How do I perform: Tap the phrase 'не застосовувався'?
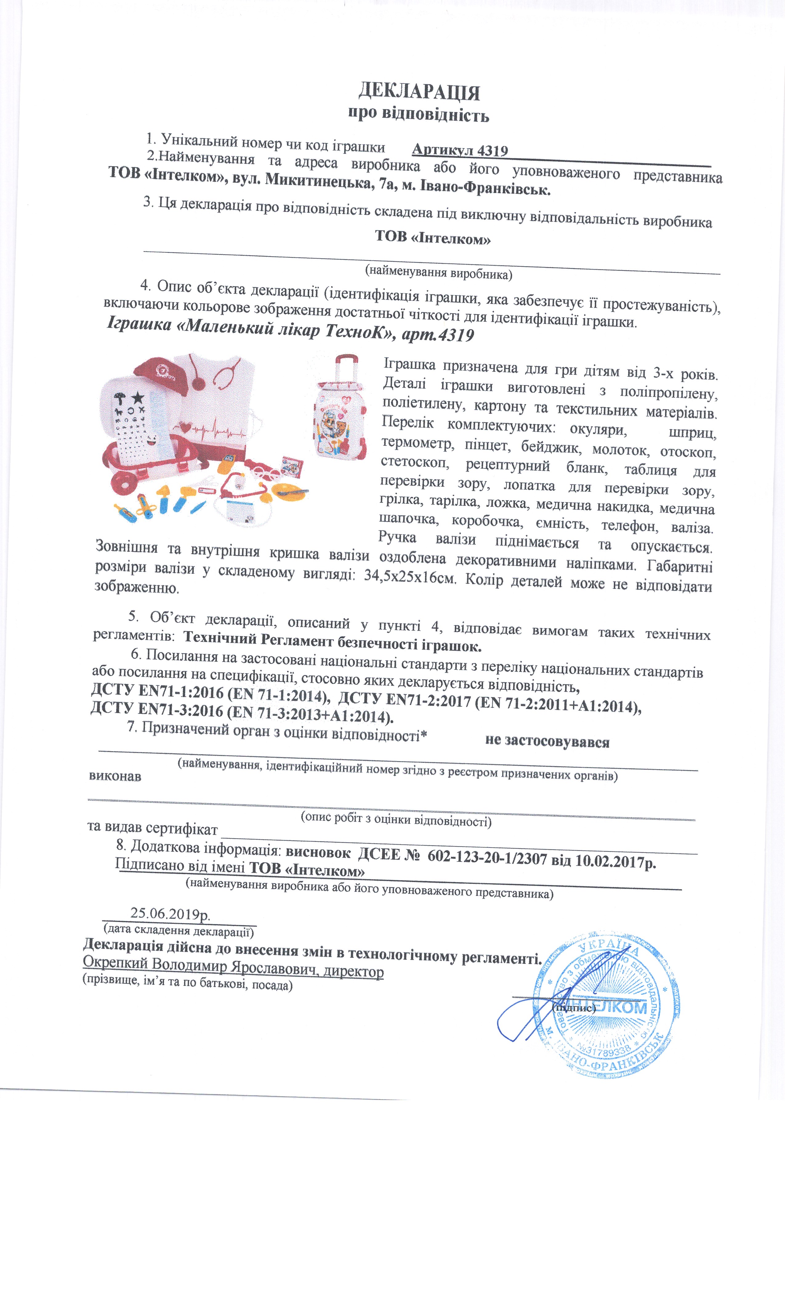pos(547,742)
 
